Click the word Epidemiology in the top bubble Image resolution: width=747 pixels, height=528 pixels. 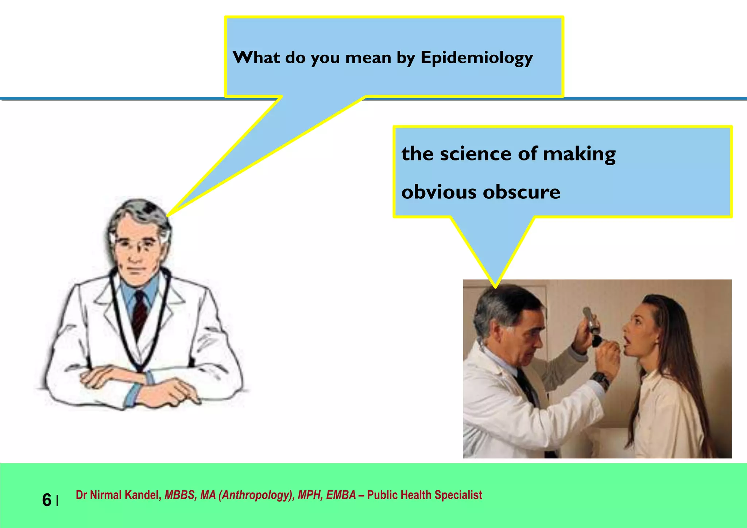tap(476, 58)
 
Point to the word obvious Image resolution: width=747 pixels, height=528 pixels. tap(439, 192)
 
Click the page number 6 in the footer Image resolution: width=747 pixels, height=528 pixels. tap(47, 500)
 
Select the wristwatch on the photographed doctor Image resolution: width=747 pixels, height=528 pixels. tap(600, 380)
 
